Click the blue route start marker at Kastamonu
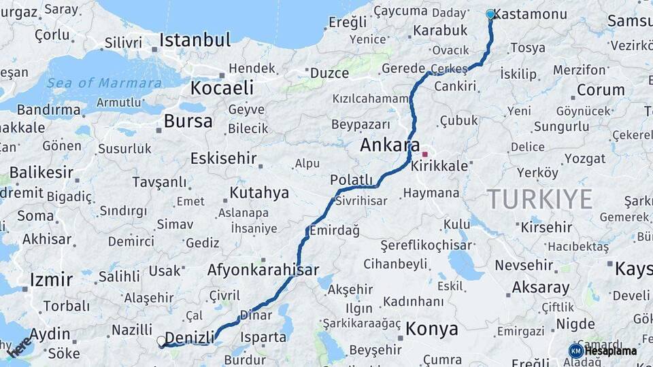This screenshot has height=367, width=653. [x=490, y=14]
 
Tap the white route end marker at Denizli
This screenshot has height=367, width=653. [x=161, y=340]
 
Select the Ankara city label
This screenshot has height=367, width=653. [x=390, y=145]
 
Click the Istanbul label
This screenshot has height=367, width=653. [x=191, y=40]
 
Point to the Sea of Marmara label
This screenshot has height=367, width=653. [x=104, y=83]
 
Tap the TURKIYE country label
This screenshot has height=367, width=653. [x=539, y=199]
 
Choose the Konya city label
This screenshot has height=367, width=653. [x=432, y=329]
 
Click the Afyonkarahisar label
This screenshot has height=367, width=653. [x=263, y=270]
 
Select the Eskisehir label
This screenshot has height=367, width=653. [x=223, y=158]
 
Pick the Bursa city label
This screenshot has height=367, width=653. [x=188, y=122]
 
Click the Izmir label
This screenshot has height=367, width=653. [x=51, y=279]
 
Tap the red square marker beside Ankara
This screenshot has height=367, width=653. [x=425, y=154]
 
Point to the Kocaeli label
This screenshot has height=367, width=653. [x=222, y=88]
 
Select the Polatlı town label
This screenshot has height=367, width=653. [x=352, y=179]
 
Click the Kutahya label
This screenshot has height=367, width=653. [x=259, y=192]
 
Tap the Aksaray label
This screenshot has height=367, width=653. [x=540, y=287]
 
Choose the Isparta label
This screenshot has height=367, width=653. [x=263, y=336]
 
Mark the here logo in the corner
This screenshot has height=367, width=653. [x=20, y=347]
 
